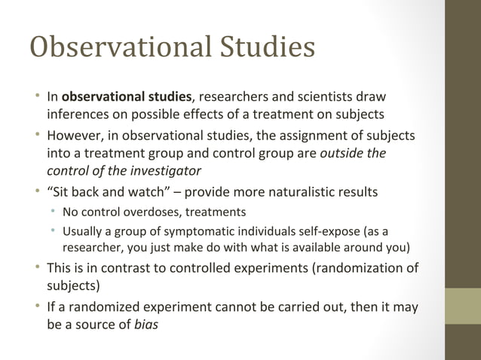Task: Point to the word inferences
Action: [79, 114]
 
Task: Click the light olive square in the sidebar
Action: [462, 306]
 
